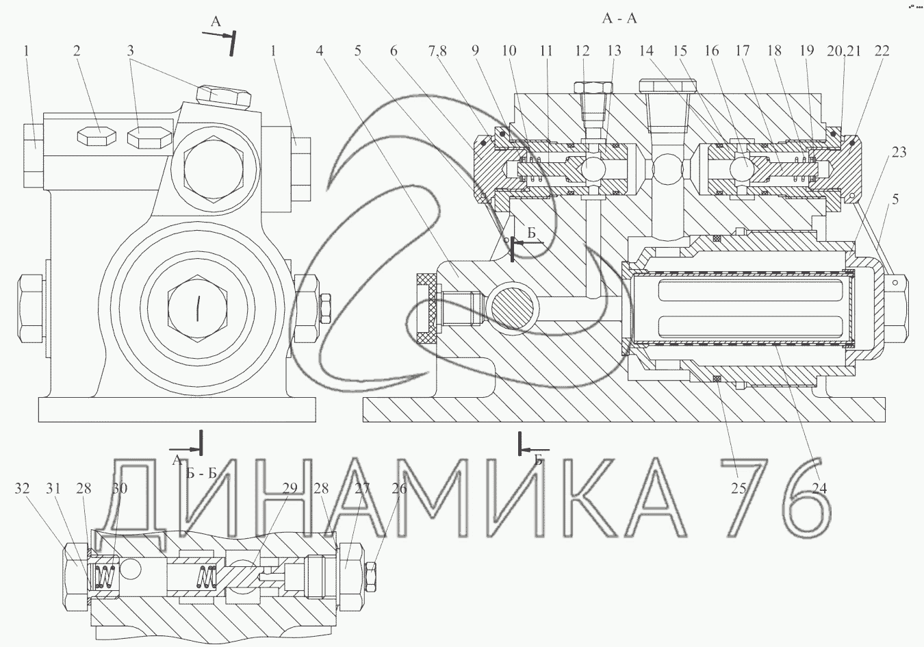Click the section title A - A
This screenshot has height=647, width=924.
pos(619,18)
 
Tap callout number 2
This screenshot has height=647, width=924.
pos(77,51)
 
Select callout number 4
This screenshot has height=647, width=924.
pos(320,51)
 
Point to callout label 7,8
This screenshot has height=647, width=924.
pos(437,51)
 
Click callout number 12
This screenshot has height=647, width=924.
pos(582,51)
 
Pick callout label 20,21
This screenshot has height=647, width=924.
pos(844,51)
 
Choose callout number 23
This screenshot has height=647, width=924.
pos(899,152)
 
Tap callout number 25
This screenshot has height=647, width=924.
pos(739,489)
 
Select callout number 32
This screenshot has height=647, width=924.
pos(23,489)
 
